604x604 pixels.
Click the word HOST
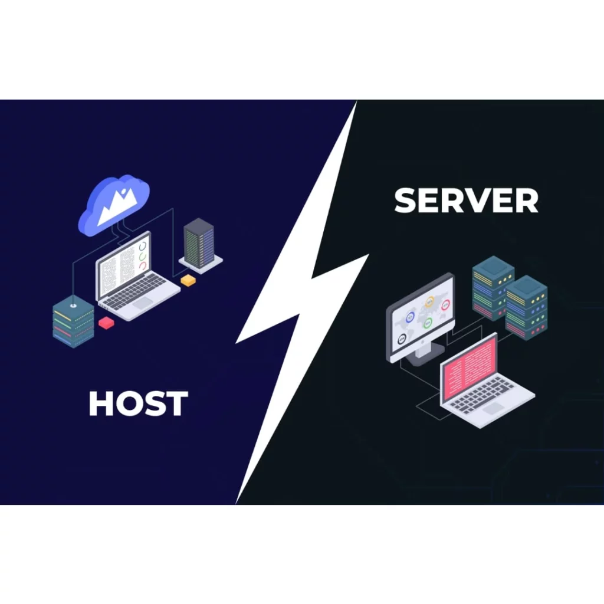click(138, 403)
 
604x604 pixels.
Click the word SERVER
click(466, 201)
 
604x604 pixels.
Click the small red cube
click(107, 323)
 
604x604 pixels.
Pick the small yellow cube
click(188, 280)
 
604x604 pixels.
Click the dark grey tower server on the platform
click(199, 243)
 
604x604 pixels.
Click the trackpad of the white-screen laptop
click(142, 303)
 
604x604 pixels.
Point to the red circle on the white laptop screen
click(143, 266)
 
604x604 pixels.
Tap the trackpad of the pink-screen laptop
click(493, 407)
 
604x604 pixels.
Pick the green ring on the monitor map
click(427, 323)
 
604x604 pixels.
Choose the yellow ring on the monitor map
click(429, 301)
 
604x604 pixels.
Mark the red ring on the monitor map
click(445, 305)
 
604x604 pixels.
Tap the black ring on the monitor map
click(402, 338)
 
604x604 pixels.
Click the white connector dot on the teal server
click(73, 306)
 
